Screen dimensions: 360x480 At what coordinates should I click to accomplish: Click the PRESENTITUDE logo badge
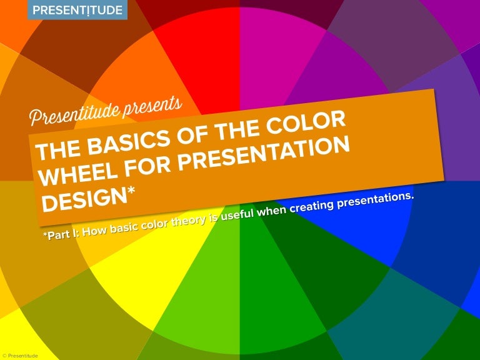click(77, 10)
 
